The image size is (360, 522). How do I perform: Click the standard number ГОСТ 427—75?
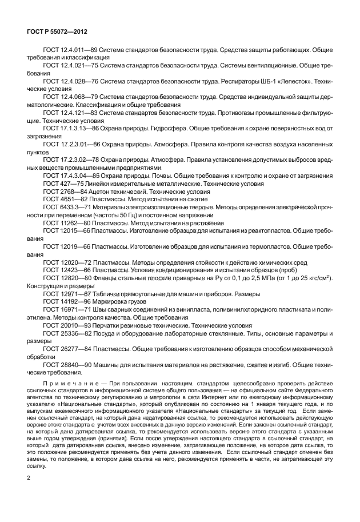click(59, 185)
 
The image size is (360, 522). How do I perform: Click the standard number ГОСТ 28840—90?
click(63, 364)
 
